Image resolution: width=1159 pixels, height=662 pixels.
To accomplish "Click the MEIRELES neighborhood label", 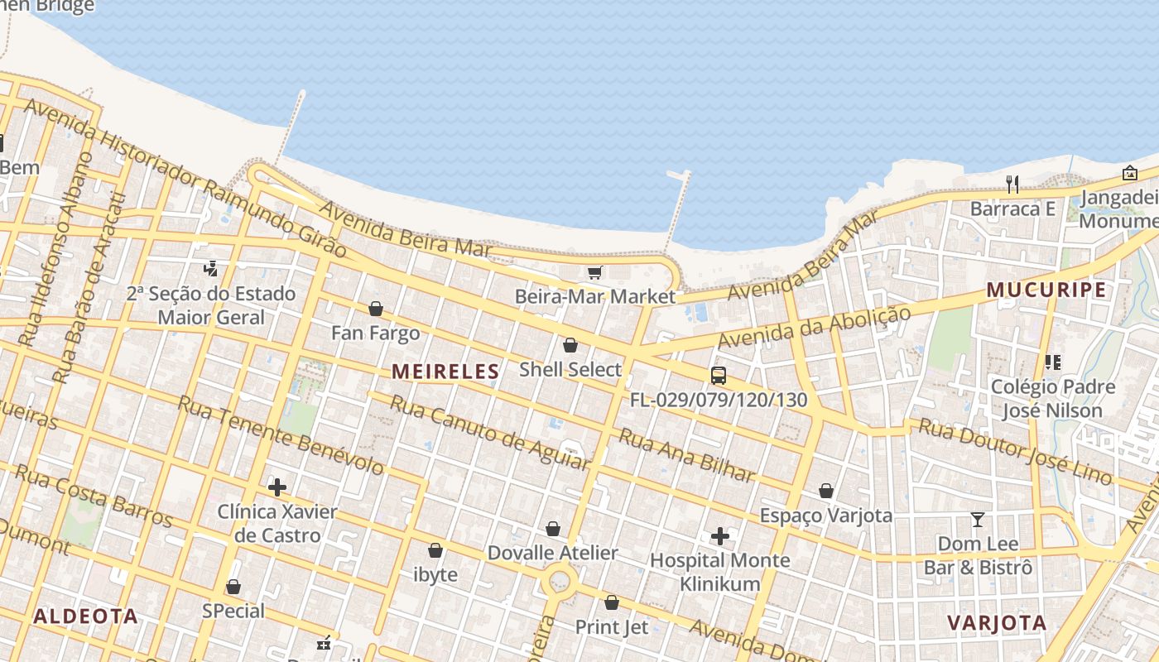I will pos(445,372).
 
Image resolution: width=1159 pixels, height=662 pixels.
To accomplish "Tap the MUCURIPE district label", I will pos(1046,290).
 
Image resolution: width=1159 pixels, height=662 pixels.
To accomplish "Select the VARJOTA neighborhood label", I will pos(997,622).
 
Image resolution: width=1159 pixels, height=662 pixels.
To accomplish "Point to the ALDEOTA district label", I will pos(85,616).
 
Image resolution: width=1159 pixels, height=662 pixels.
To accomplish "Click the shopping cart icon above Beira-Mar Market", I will pos(594,272).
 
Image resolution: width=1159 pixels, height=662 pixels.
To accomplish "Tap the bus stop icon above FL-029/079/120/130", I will pos(719,375).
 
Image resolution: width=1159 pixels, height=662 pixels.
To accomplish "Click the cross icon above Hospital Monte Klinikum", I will pos(720,536).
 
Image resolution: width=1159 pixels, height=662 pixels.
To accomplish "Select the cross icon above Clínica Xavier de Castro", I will pos(277,487).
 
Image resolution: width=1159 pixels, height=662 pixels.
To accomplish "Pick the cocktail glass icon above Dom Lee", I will pos(978,520).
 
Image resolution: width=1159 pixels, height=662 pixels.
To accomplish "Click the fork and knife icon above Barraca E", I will pos(1012,183).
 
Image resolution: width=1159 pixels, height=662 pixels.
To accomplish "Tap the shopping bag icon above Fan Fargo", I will pos(376,309).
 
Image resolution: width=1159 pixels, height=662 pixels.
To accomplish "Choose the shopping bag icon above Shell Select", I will pos(570,345).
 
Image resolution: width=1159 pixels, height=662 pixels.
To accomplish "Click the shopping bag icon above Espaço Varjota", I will pos(825,491).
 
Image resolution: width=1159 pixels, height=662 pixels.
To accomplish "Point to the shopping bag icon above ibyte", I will pos(435,550).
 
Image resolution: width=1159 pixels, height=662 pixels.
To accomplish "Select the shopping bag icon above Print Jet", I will pos(612,602).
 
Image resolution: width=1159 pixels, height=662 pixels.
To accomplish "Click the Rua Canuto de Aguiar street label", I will pos(489,433).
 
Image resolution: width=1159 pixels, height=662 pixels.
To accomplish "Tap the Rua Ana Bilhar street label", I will pos(687,455).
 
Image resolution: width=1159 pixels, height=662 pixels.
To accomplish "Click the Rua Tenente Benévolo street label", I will pos(281,435).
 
